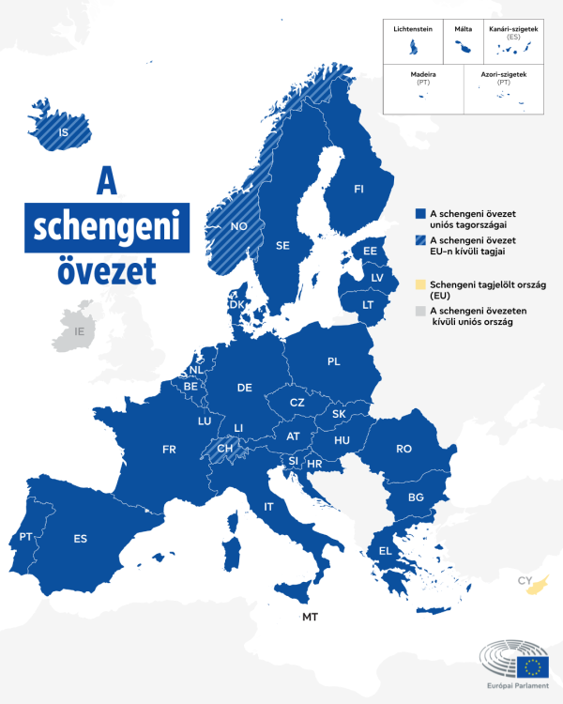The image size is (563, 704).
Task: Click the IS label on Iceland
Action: (x=64, y=132)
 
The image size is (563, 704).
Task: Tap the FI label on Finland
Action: (x=358, y=190)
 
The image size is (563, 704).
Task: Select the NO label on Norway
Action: (x=238, y=226)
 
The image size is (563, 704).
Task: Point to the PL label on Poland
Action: (x=334, y=360)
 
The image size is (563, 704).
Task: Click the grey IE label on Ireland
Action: (x=80, y=331)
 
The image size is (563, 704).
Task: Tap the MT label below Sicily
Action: (x=310, y=617)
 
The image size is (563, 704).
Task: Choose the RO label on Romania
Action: (x=403, y=449)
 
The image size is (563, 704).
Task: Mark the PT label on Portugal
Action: (x=25, y=537)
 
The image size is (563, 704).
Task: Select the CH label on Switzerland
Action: (x=225, y=448)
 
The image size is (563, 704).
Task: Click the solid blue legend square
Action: (x=419, y=214)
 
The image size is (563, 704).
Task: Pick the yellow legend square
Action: (x=419, y=283)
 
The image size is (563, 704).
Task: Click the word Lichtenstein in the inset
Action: (x=413, y=30)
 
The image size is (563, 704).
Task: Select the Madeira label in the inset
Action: (x=423, y=73)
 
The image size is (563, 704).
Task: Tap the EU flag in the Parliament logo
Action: (x=534, y=666)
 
